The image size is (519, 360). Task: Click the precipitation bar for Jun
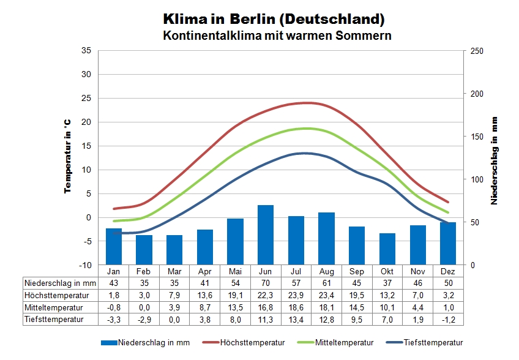(265, 235)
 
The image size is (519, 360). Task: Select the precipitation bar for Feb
(144, 250)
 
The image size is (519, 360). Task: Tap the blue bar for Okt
(387, 249)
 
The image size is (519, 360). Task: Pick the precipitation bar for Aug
(326, 239)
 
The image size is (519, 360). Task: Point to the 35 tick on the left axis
(86, 51)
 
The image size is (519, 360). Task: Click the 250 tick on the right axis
(476, 51)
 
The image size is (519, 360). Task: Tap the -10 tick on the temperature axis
(84, 265)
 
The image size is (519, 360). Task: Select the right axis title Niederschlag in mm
(494, 160)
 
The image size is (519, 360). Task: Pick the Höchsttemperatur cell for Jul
(296, 295)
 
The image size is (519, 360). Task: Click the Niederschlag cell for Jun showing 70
(265, 283)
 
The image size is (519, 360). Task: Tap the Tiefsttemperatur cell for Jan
(114, 319)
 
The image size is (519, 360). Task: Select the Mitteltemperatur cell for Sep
(357, 307)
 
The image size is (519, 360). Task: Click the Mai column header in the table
(235, 271)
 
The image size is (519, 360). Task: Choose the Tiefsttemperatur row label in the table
(53, 319)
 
